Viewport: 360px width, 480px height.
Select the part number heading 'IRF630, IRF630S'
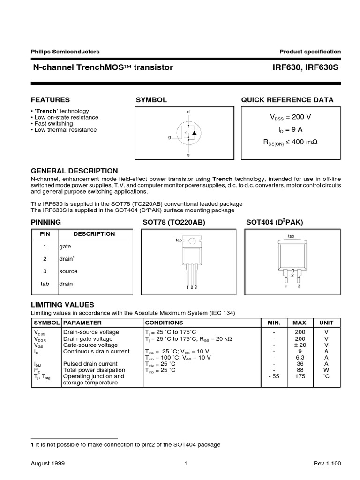306,67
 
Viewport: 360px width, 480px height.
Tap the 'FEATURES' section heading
50,100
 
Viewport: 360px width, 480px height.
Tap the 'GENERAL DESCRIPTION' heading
74,171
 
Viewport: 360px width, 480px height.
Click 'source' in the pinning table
68,271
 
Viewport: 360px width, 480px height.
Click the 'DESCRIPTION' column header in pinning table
94,233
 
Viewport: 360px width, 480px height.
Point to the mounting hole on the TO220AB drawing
192,241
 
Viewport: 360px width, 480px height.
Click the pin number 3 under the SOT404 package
299,285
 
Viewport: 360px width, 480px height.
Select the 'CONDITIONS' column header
164,322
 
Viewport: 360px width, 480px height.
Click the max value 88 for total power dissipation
300,370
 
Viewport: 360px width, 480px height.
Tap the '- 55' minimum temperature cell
274,376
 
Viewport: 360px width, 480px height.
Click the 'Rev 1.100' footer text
327,463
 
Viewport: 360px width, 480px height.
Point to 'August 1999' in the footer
48,463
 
